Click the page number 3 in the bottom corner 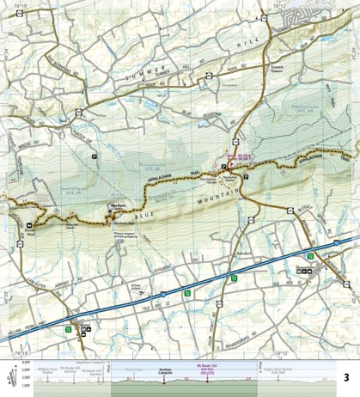click(x=345, y=377)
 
